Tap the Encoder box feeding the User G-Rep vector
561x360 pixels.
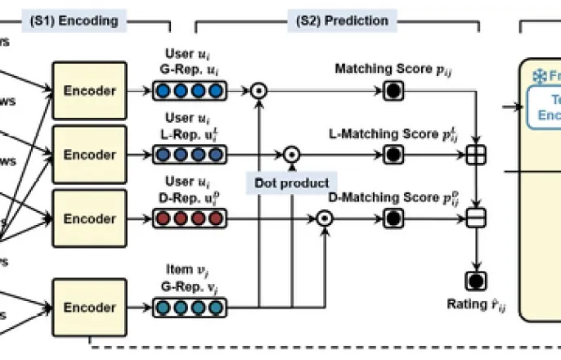click(x=89, y=91)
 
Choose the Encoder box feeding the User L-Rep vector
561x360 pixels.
click(x=89, y=155)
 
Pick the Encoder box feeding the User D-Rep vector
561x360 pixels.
click(x=89, y=218)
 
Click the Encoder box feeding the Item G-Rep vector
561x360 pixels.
click(x=89, y=308)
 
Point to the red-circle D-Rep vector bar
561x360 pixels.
click(x=189, y=218)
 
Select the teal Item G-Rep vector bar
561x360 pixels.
click(x=189, y=308)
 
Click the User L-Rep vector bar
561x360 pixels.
click(x=189, y=154)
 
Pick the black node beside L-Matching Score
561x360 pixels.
click(x=393, y=154)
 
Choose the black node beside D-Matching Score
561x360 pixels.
click(x=393, y=218)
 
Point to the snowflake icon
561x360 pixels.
click(x=540, y=76)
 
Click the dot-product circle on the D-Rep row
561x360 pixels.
click(x=324, y=218)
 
